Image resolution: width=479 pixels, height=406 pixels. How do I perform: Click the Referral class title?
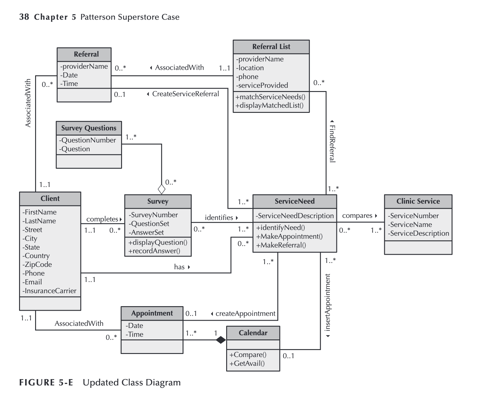point(86,54)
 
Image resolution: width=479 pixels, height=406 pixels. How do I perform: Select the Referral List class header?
point(271,47)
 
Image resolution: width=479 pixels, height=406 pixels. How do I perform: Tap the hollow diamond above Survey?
point(162,189)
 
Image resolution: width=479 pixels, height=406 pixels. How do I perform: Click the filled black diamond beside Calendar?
point(221,340)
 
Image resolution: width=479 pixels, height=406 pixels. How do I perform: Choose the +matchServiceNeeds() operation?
point(270,97)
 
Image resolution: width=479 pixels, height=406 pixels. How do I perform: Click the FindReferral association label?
point(332,144)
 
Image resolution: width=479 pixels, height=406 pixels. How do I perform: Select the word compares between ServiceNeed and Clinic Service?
point(357,216)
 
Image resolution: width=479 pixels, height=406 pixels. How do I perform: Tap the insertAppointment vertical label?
point(328,303)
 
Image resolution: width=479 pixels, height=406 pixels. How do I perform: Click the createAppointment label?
point(245,313)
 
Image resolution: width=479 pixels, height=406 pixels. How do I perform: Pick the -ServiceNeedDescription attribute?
point(295,216)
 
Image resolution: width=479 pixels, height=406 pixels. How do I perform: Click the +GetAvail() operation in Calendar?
point(247,363)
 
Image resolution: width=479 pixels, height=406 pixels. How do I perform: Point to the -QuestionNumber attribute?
point(88,140)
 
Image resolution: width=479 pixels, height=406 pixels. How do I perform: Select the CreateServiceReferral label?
point(185,94)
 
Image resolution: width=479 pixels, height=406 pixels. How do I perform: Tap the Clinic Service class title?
point(418,201)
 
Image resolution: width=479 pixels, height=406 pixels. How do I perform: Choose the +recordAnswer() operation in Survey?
point(154,251)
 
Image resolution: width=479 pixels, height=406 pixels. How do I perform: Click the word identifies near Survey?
point(219,218)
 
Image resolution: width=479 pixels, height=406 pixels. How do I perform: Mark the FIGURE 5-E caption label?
point(46,382)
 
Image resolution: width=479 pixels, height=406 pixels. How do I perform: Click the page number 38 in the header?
point(24,17)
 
